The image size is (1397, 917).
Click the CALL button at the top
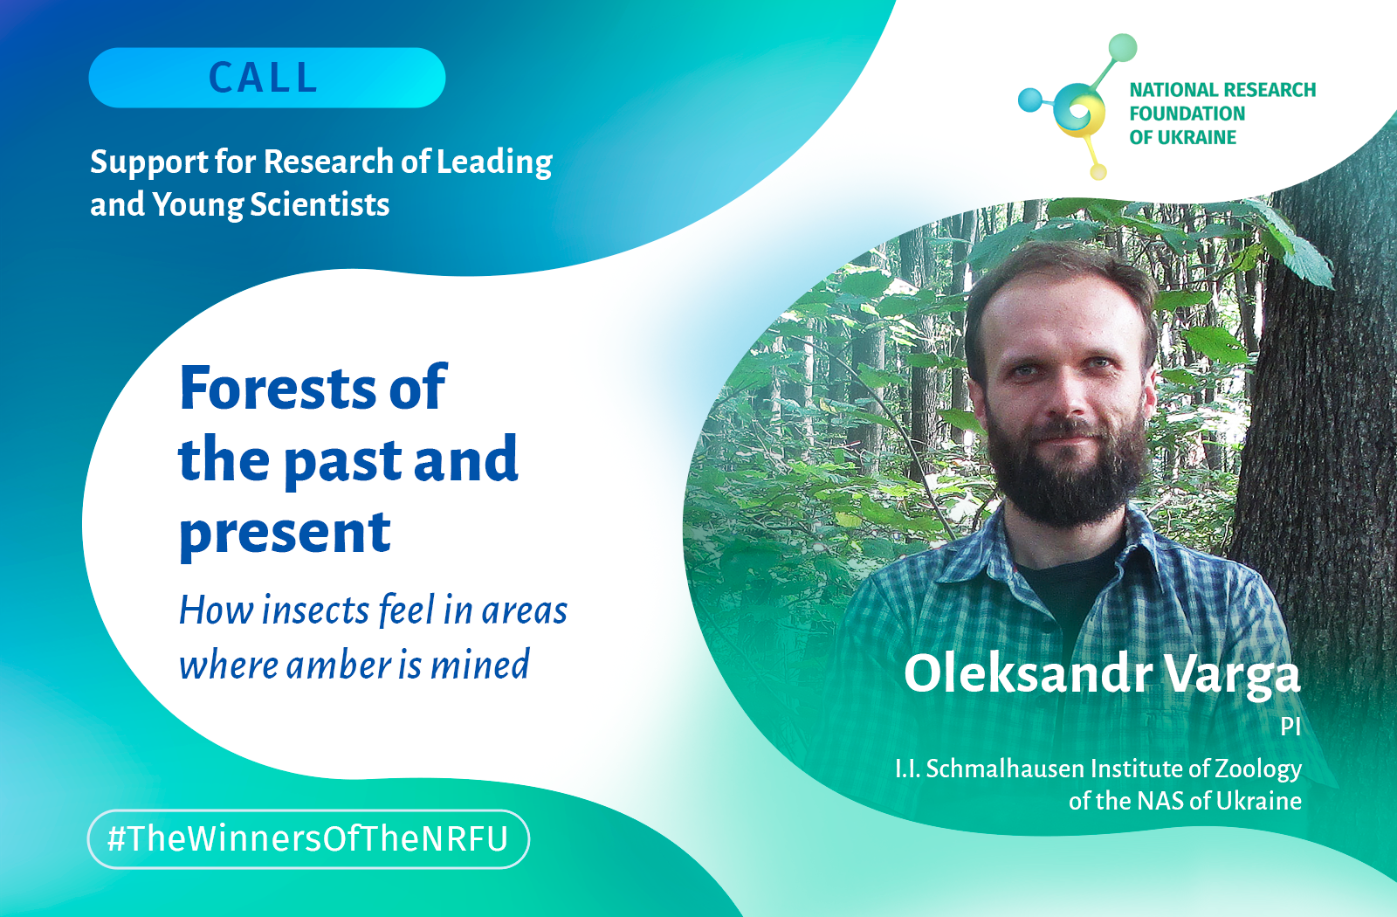(x=267, y=78)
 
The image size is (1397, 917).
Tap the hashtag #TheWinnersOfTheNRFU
(x=308, y=839)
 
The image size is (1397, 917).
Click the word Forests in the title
(x=278, y=388)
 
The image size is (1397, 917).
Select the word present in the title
(x=285, y=534)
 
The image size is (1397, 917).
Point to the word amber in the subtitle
(x=338, y=665)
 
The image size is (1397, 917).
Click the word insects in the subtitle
(x=315, y=610)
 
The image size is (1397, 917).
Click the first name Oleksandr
(x=1027, y=673)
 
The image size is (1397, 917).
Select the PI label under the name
(x=1290, y=727)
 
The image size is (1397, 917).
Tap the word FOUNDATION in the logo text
(x=1187, y=114)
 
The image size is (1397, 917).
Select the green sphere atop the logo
(x=1123, y=48)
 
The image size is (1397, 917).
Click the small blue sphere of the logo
(x=1029, y=100)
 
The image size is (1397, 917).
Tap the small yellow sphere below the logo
(x=1098, y=171)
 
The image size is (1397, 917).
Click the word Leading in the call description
(x=494, y=162)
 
